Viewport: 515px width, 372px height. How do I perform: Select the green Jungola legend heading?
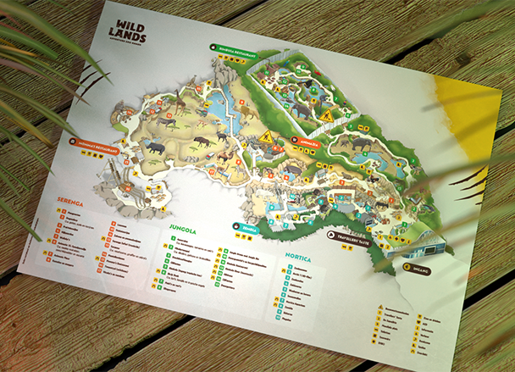pos(180,228)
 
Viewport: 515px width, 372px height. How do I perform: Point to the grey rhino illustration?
pos(156,147)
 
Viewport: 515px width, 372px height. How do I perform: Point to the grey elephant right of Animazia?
pos(360,144)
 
